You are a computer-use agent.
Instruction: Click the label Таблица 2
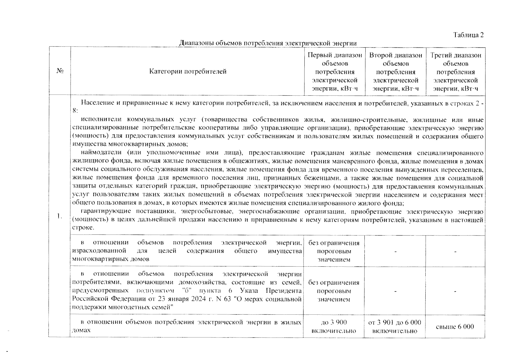[x=468, y=35]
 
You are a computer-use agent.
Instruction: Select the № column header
[x=59, y=71]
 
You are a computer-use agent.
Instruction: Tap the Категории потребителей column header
[x=188, y=71]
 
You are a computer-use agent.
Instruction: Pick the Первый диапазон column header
[x=335, y=72]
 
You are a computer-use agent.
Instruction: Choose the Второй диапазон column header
[x=396, y=72]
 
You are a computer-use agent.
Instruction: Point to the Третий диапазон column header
[x=456, y=72]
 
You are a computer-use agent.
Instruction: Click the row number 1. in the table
[x=59, y=216]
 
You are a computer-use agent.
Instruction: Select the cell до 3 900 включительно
[x=334, y=326]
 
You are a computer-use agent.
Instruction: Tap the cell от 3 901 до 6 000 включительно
[x=395, y=326]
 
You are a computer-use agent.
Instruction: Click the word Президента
[x=284, y=291]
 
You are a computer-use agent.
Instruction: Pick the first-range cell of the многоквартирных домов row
[x=334, y=251]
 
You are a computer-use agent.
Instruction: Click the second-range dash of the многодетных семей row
[x=395, y=291]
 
